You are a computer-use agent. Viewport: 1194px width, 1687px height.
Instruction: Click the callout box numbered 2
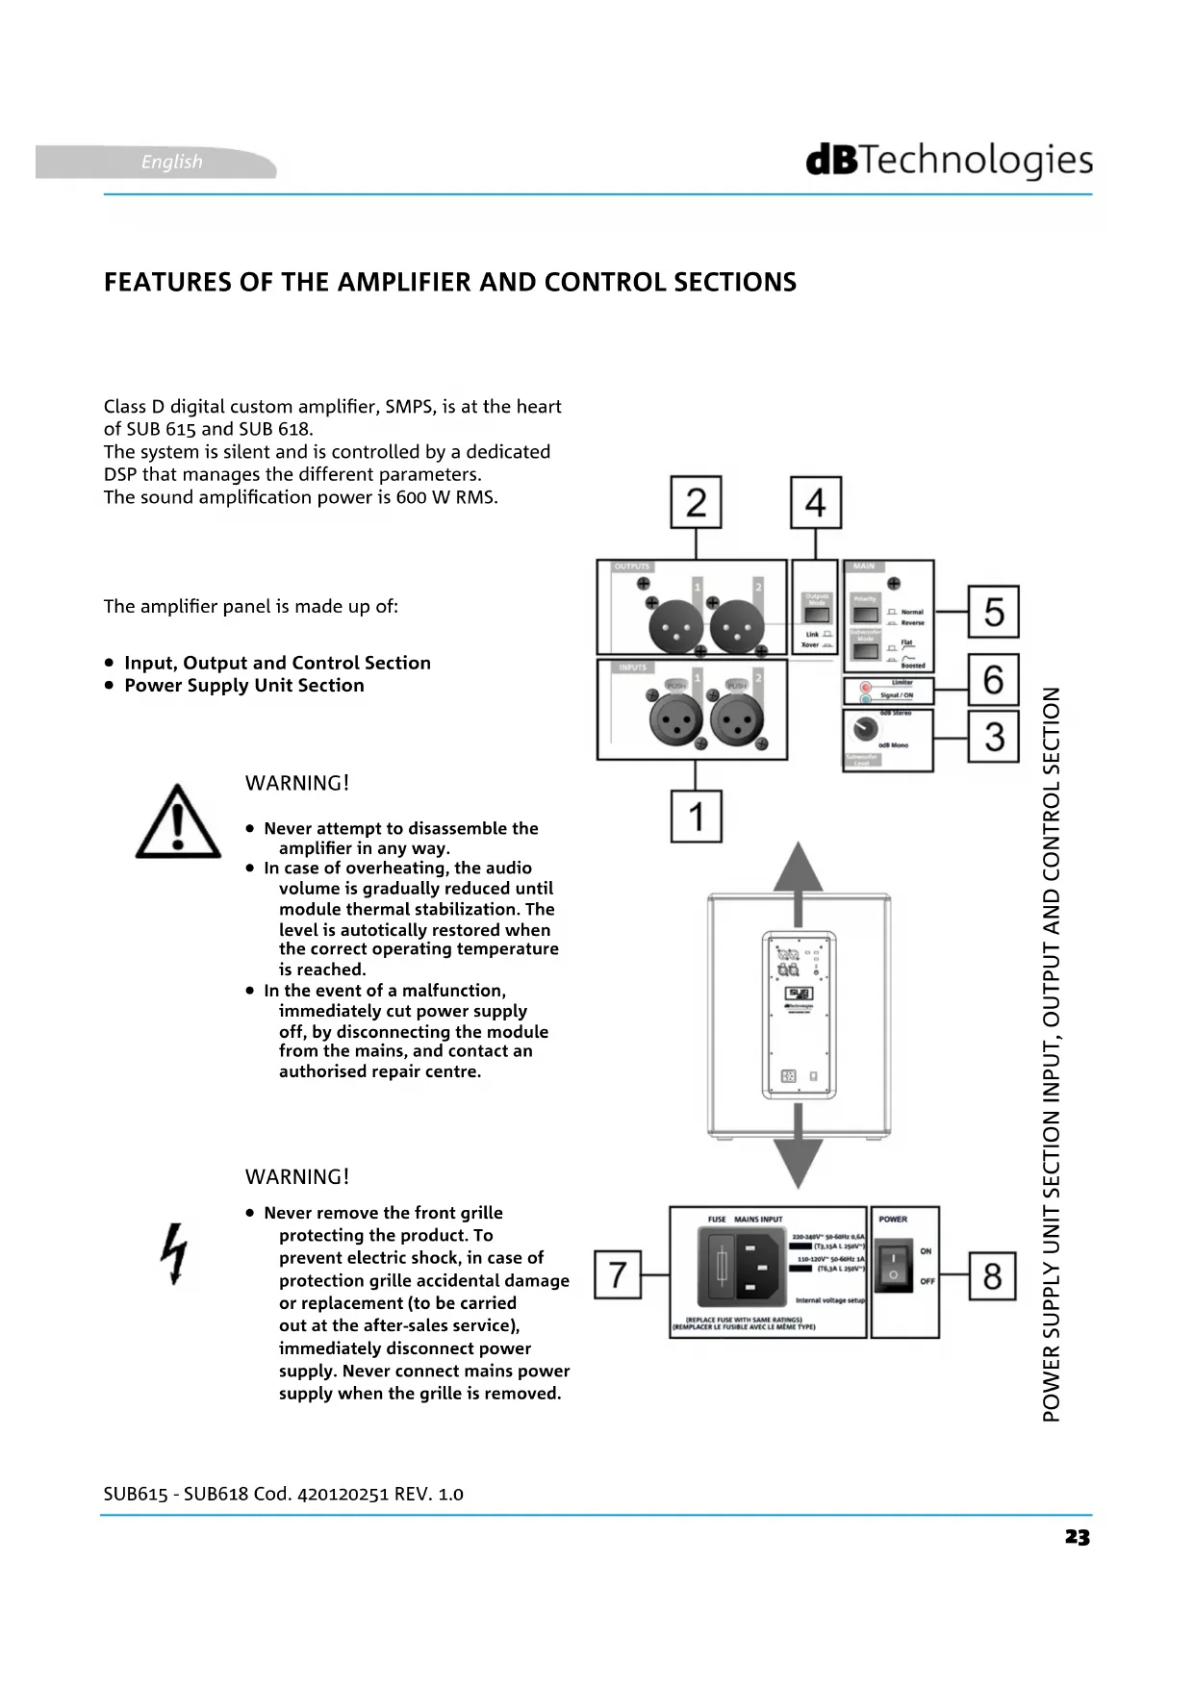pos(697,502)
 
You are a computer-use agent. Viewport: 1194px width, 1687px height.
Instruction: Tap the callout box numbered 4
pos(816,502)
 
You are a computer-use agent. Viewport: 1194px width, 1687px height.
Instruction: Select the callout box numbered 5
pos(993,612)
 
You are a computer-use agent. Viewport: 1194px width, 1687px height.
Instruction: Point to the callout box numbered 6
pos(993,680)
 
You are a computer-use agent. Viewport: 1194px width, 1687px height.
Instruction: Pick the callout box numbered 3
pos(993,737)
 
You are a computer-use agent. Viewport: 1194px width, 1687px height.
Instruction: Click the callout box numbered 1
pos(697,817)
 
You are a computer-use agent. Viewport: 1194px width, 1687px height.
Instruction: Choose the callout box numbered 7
pos(618,1274)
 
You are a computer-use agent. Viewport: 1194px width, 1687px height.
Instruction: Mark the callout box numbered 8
pos(992,1275)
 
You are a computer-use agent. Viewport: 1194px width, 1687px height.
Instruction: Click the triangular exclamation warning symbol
pos(178,822)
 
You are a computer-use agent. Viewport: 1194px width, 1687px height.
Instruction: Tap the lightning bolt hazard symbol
pos(175,1253)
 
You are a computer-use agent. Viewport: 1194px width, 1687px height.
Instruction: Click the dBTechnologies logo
pos(949,161)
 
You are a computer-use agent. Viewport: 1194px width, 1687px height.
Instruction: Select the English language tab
pos(171,162)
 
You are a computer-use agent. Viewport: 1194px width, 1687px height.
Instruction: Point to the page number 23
pos(1078,1537)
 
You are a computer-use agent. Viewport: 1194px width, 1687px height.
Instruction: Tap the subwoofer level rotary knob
pos(864,730)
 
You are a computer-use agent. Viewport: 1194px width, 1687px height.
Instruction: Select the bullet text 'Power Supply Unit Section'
pos(244,686)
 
